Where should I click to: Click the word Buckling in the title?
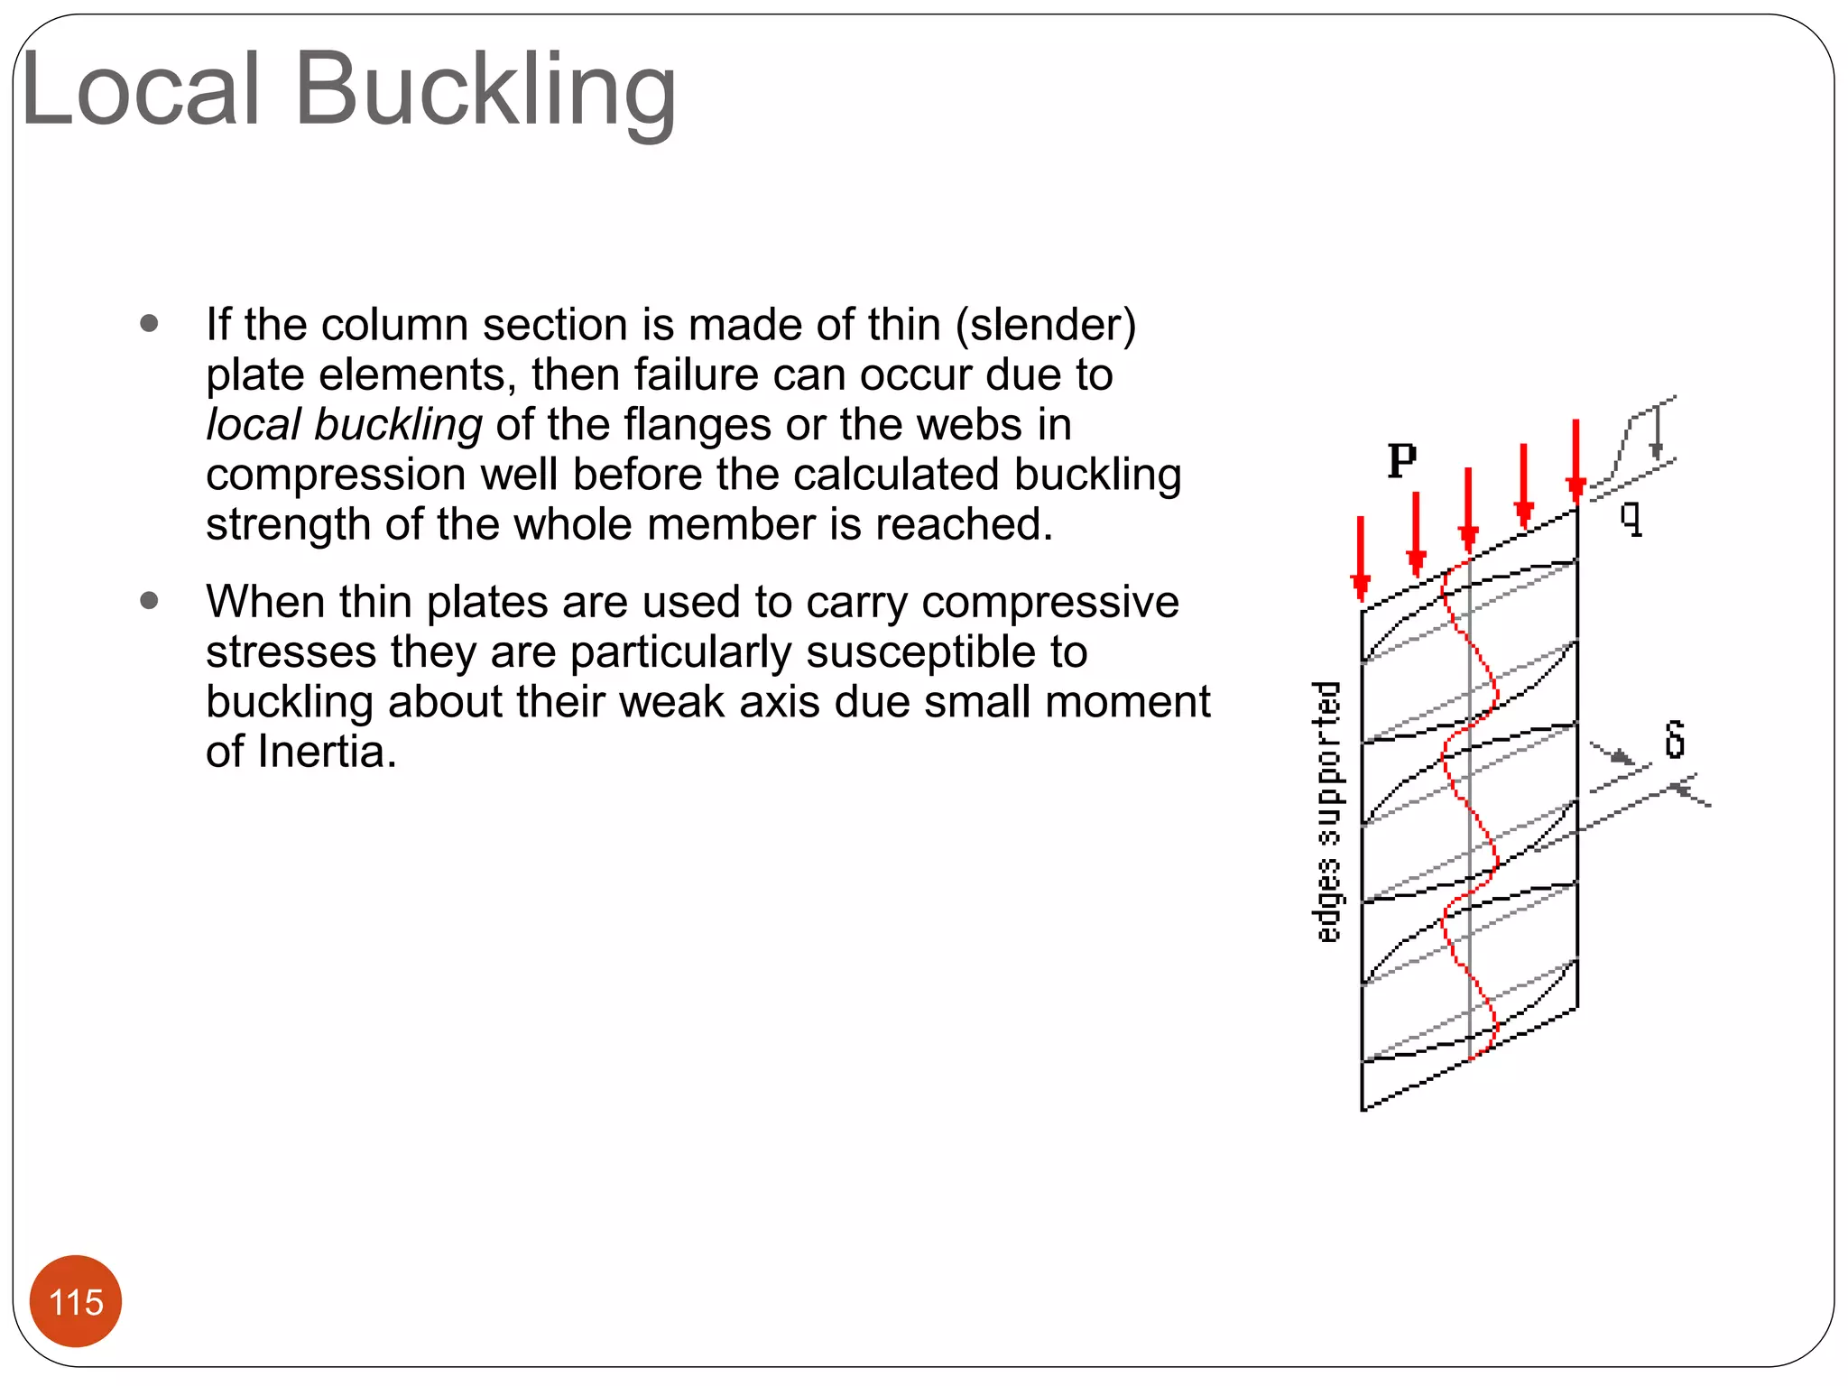click(485, 90)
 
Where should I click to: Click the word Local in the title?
click(141, 90)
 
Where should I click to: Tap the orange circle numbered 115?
click(76, 1301)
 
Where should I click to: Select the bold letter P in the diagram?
click(1401, 461)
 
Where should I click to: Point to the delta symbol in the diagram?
click(1675, 739)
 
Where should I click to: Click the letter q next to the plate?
click(1631, 519)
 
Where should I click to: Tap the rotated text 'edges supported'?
click(1326, 812)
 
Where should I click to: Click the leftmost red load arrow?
click(1361, 559)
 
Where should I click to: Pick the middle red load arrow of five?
click(1468, 510)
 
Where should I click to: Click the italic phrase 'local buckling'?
click(344, 424)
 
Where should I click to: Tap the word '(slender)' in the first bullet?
click(1046, 325)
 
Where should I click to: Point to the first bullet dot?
click(150, 323)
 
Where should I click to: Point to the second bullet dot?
click(150, 600)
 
